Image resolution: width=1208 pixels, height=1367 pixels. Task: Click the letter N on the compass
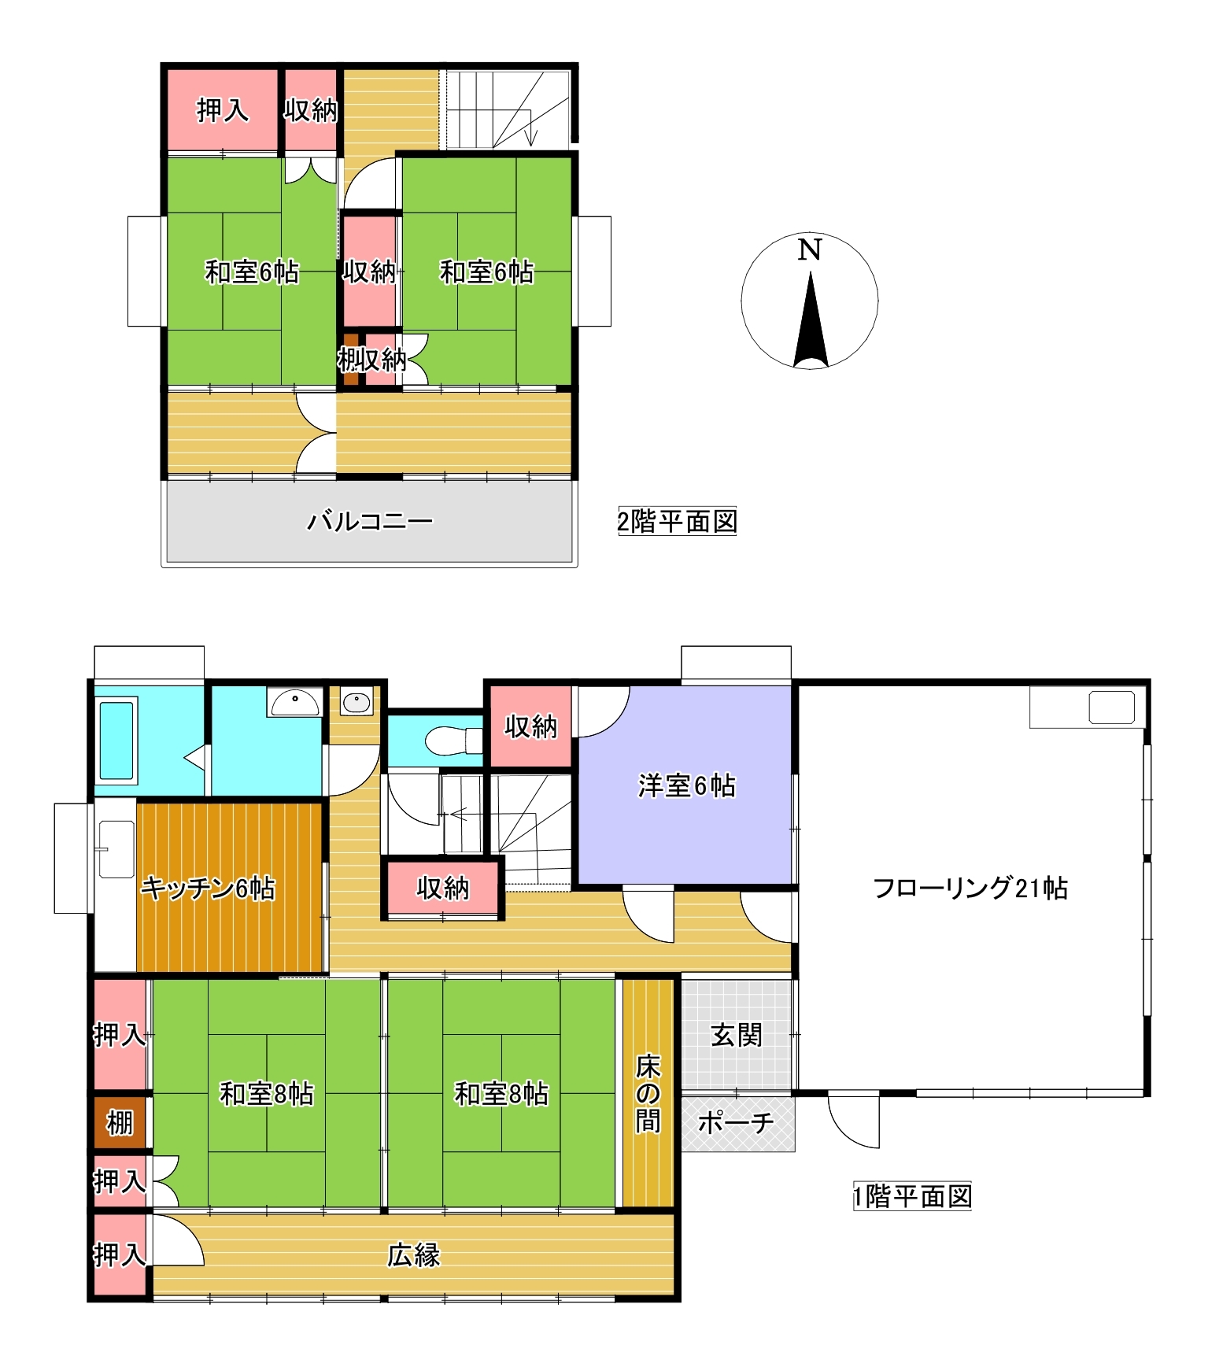809,249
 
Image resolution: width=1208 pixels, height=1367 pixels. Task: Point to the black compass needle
811,320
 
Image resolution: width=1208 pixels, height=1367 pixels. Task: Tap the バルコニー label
369,521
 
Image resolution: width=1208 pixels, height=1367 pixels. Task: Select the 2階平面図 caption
677,521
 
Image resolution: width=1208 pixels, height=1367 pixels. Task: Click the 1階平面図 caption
912,1196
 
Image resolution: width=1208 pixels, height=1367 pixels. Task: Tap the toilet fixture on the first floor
453,741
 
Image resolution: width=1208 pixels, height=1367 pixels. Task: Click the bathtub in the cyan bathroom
116,740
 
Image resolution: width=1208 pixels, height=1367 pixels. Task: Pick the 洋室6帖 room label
686,785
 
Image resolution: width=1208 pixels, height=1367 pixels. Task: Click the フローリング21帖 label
970,888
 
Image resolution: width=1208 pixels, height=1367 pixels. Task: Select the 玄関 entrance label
736,1035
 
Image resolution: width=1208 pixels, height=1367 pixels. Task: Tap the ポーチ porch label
736,1122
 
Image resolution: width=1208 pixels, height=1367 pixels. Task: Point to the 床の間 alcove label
648,1093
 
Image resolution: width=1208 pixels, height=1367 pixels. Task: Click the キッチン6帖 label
208,888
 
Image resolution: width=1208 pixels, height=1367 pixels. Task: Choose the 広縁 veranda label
413,1255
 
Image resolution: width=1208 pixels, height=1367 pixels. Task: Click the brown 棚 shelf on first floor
120,1122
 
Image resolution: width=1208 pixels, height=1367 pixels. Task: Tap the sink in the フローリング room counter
1111,708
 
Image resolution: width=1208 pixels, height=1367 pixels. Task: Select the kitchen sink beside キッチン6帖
116,849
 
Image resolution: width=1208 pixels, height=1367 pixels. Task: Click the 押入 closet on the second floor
223,109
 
